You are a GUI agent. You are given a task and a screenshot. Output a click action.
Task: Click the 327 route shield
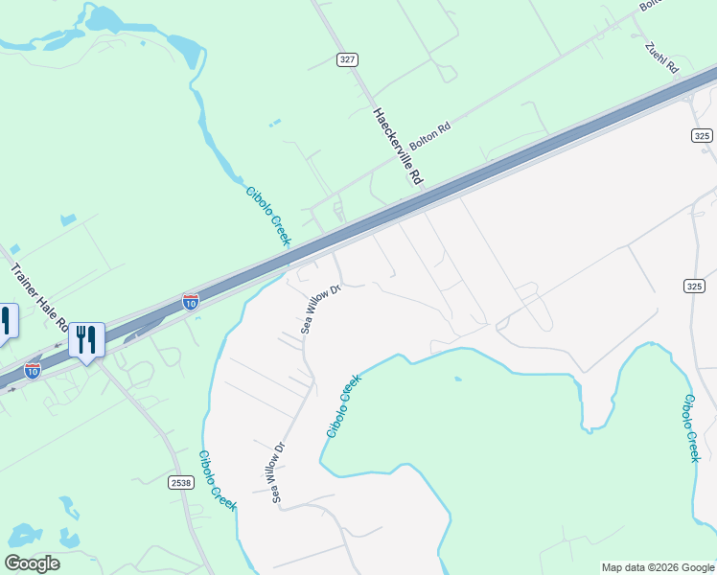[x=347, y=59]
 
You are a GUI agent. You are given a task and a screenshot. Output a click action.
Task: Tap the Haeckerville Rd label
[x=397, y=146]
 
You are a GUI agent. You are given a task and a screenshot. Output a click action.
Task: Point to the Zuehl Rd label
[x=661, y=58]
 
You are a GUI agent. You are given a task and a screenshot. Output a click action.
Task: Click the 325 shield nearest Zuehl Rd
[x=701, y=136]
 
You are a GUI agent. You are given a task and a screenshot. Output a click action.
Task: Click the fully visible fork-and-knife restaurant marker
[x=86, y=340]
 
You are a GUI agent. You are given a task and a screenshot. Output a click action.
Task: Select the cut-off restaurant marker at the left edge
[x=6, y=322]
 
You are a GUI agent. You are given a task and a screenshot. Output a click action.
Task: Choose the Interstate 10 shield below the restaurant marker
[x=33, y=370]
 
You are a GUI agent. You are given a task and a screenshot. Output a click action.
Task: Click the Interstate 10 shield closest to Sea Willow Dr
[x=191, y=302]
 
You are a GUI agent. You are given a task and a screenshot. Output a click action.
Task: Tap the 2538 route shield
[x=180, y=481]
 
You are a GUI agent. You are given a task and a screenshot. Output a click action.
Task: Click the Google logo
[x=32, y=563]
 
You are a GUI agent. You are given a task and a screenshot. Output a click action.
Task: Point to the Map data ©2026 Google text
[x=658, y=567]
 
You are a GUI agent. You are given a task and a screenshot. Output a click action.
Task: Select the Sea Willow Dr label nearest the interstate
[x=322, y=309]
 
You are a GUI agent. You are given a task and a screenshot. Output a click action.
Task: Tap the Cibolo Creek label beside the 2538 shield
[x=218, y=481]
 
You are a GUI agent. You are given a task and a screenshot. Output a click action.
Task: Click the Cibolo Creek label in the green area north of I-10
[x=267, y=216]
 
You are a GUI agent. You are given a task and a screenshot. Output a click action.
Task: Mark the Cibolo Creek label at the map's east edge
[x=690, y=427]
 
